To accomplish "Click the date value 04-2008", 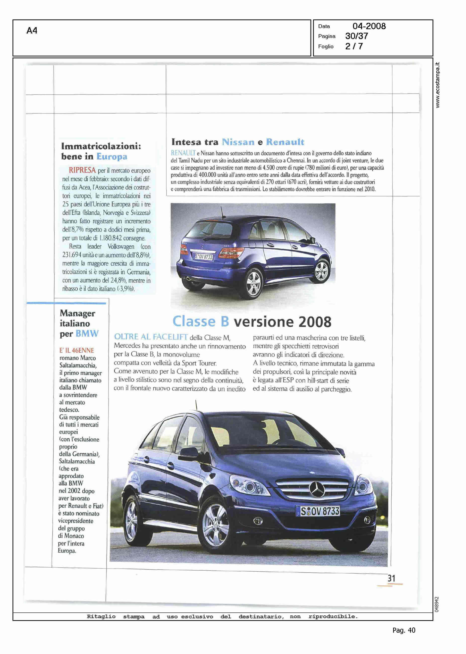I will (369, 26).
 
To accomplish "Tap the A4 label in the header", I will (32, 30).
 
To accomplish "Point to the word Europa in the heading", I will (112, 157).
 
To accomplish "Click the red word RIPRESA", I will (82, 170).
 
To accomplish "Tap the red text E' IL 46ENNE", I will (77, 350).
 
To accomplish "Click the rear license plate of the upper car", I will (203, 257).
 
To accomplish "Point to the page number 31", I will (391, 579).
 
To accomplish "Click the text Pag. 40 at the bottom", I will (404, 630).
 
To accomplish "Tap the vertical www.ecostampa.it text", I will (437, 85).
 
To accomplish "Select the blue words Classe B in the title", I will (201, 321).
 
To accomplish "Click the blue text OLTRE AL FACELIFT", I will (151, 337).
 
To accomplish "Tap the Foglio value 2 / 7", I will (354, 46).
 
